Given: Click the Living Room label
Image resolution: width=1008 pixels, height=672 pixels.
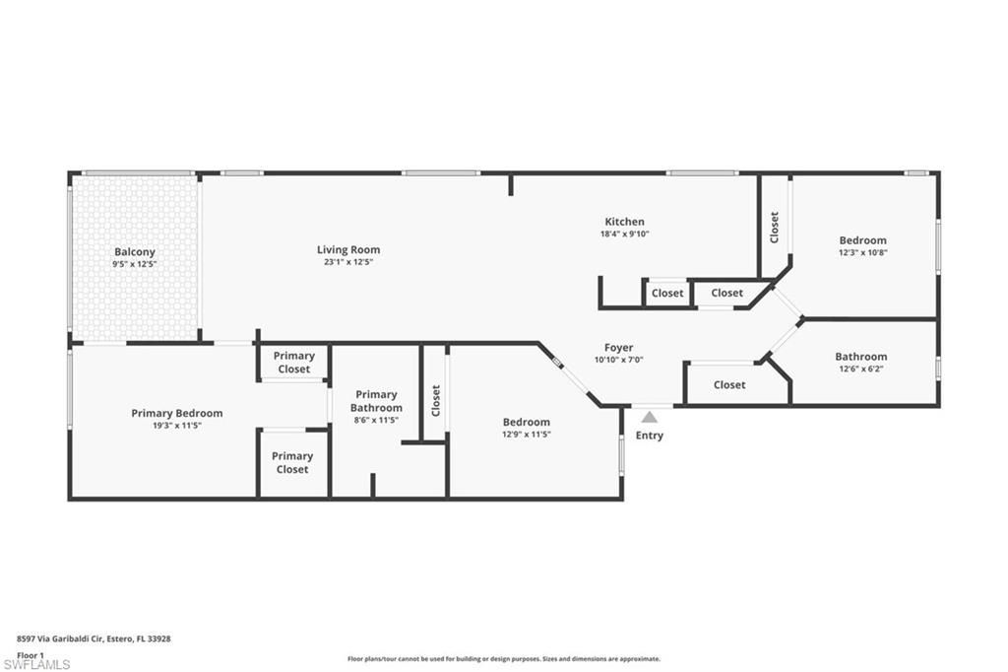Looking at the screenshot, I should [x=348, y=250].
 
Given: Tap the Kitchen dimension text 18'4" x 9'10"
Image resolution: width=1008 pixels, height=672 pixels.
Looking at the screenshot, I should [x=624, y=235].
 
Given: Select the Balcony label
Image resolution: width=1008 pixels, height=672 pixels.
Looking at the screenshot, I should [x=135, y=252].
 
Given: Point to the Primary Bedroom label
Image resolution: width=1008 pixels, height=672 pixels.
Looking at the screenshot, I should [x=177, y=413].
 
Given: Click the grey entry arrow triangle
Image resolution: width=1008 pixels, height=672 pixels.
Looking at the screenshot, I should [x=650, y=418].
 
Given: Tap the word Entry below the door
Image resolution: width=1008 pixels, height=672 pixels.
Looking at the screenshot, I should [x=650, y=436].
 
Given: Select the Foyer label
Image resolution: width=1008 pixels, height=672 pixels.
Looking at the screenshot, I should [x=618, y=348].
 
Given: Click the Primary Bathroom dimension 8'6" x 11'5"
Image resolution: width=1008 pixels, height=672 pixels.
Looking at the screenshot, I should [x=376, y=420].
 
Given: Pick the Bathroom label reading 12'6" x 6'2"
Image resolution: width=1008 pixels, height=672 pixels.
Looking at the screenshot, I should [x=861, y=369].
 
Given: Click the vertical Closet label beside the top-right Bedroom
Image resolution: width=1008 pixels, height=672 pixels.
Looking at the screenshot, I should [x=775, y=228].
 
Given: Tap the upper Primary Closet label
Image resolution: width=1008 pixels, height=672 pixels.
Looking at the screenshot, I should [x=293, y=363].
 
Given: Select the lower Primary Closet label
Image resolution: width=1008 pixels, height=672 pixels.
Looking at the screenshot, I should [x=292, y=462].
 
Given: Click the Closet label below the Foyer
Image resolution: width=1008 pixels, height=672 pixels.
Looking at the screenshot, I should [x=729, y=385].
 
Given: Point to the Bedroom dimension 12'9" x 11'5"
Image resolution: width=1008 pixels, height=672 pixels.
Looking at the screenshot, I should [x=527, y=434].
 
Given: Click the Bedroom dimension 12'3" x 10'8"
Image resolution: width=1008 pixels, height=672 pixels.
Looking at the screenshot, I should [x=862, y=252].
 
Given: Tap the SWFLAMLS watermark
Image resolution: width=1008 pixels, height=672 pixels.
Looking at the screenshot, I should [x=36, y=664].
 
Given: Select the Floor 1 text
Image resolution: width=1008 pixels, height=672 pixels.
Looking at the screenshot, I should [x=31, y=654].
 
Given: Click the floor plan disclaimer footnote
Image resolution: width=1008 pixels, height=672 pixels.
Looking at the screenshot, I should [x=503, y=659].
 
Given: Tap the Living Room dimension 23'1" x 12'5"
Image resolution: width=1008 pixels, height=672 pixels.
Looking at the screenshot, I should [x=348, y=262].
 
